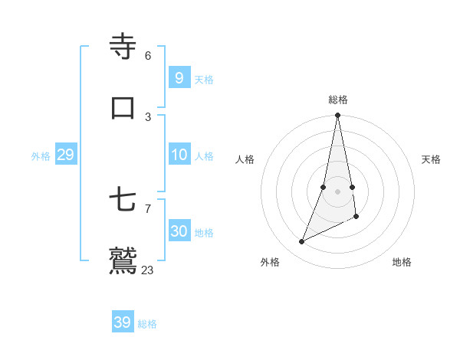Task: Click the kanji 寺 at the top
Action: coord(123,47)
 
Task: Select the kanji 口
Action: coord(123,107)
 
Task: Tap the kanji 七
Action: coord(123,201)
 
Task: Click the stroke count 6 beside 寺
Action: coord(148,55)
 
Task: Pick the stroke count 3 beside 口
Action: coord(148,116)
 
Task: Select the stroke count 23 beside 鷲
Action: coord(148,270)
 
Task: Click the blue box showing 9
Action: coord(179,77)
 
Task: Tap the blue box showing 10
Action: coord(179,155)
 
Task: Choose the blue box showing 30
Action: coord(179,231)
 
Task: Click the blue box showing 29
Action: coord(65,155)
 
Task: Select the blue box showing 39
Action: coord(122,322)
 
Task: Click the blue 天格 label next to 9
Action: coord(204,80)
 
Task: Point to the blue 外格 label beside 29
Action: coord(41,156)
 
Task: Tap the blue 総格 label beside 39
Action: coord(147,324)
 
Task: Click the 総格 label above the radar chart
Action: coord(338,100)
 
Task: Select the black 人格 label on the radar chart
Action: coord(245,159)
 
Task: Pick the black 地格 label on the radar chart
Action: coord(402,262)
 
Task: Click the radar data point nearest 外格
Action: coord(302,242)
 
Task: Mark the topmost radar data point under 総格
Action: coord(337,116)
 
